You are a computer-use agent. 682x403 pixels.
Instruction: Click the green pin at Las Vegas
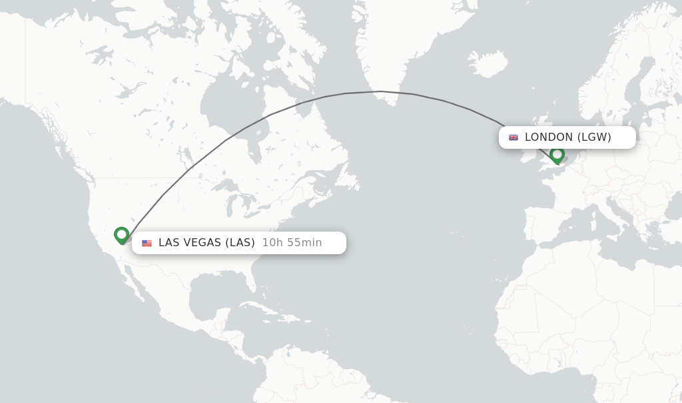pyautogui.click(x=121, y=235)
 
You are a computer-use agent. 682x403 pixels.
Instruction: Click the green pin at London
pyautogui.click(x=557, y=155)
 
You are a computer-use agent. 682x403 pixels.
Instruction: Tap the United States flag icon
pyautogui.click(x=147, y=243)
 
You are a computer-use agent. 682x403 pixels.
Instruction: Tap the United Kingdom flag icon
pyautogui.click(x=513, y=137)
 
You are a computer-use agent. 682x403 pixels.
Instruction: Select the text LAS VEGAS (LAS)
pyautogui.click(x=206, y=243)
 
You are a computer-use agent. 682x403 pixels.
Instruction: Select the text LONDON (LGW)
pyautogui.click(x=567, y=137)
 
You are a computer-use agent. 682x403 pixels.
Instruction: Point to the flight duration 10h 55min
pyautogui.click(x=292, y=243)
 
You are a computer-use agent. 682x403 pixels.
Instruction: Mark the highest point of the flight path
pyautogui.click(x=380, y=91)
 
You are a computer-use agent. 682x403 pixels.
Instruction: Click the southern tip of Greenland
pyautogui.click(x=392, y=104)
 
